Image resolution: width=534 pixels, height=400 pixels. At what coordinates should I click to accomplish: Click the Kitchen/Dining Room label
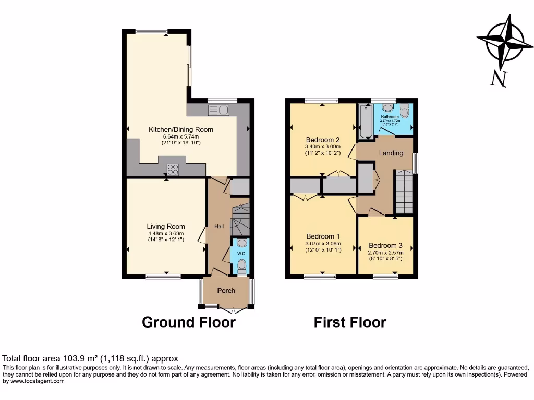point(181,130)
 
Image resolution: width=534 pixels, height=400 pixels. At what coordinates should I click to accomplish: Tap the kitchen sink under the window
point(219,109)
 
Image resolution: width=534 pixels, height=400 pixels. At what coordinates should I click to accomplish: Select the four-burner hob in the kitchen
point(173,169)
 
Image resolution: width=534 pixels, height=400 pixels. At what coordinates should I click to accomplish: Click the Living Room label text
point(166,227)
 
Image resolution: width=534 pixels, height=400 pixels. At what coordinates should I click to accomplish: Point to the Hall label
point(219,227)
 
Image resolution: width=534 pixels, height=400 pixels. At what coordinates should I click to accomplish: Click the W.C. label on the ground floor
point(240,254)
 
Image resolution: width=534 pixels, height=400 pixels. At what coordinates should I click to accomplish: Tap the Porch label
point(226,291)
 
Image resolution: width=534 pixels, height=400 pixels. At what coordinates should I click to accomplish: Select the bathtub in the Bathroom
point(366,121)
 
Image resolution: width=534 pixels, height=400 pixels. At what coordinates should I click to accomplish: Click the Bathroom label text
point(390,117)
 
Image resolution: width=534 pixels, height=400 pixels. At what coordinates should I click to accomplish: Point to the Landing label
point(391,153)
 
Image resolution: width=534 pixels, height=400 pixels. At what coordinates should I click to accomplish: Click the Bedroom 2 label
point(323,140)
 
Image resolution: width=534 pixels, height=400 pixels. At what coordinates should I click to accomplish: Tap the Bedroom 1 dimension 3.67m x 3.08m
point(323,243)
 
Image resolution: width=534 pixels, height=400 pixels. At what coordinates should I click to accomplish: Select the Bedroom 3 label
point(385,246)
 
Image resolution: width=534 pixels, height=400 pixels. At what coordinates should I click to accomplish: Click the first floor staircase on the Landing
point(404,192)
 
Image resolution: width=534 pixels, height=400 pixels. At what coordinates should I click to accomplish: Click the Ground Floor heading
point(189,322)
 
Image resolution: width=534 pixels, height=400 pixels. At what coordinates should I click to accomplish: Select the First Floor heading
point(350,322)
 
